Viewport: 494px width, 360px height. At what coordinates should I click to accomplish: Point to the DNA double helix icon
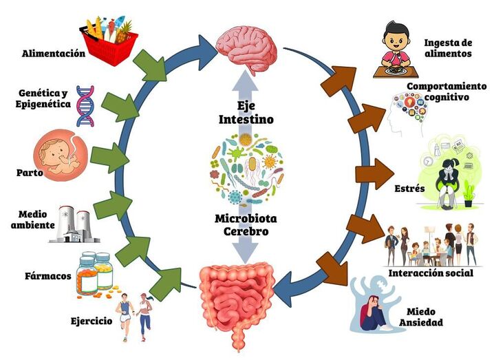pyautogui.click(x=85, y=106)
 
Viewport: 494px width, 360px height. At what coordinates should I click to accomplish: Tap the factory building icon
pyautogui.click(x=75, y=224)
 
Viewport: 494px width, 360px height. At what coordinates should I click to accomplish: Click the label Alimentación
pyautogui.click(x=54, y=53)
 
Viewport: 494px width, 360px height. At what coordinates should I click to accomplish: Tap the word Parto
pyautogui.click(x=30, y=173)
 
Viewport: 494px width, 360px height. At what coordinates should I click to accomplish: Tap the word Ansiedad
pyautogui.click(x=424, y=322)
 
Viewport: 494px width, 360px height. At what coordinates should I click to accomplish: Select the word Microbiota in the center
pyautogui.click(x=246, y=218)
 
